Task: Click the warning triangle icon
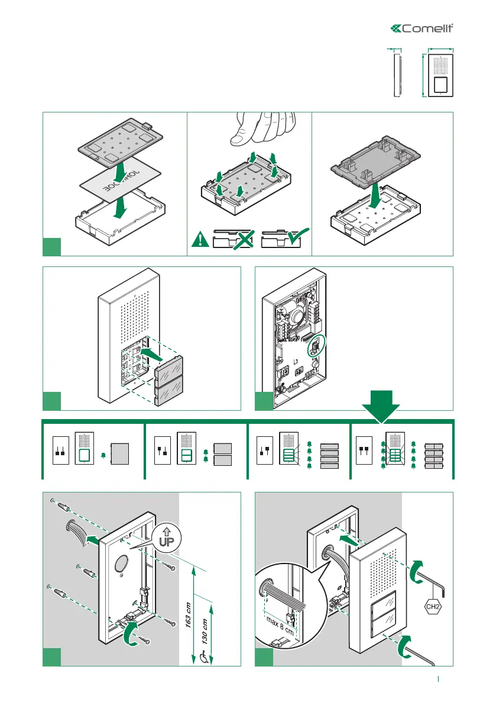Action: pyautogui.click(x=200, y=239)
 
